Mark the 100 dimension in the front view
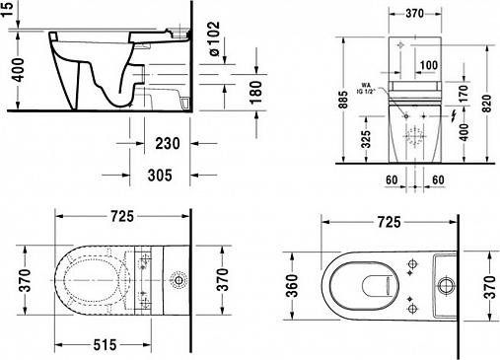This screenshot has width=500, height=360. coord(427,64)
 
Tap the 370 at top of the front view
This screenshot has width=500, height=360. coord(413,15)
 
